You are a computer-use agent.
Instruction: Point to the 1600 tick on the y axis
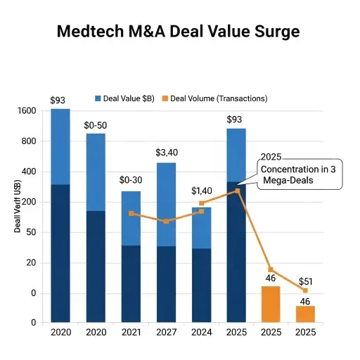[x=25, y=111]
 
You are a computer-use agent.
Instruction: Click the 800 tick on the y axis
[x=28, y=141]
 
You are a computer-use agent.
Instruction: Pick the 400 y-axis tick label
[x=28, y=172]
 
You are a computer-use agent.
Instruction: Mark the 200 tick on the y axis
[x=28, y=202]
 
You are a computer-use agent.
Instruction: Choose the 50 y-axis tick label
[x=30, y=232]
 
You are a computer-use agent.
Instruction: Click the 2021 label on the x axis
[x=131, y=333]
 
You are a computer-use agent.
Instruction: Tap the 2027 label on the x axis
[x=166, y=333]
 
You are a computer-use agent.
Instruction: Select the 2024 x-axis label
[x=201, y=333]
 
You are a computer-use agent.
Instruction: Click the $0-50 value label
[x=96, y=124]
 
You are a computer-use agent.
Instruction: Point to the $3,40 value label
[x=167, y=153]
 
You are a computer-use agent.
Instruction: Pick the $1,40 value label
[x=202, y=191]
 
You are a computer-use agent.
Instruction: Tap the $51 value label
[x=306, y=282]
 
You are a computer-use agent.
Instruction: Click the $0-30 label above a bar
[x=131, y=181]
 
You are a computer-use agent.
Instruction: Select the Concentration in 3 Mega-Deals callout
[x=297, y=175]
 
